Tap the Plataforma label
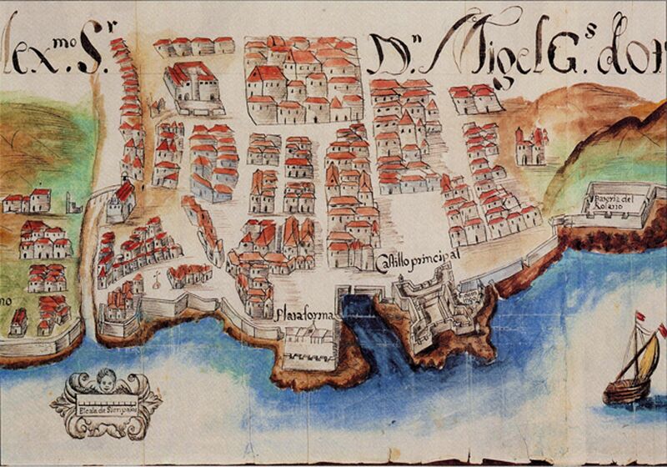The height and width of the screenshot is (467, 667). [308, 316]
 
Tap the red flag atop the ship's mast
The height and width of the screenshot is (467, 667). [639, 319]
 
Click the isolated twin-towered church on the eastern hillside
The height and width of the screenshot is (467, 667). [530, 146]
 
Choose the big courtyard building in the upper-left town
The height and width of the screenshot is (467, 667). [193, 83]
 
